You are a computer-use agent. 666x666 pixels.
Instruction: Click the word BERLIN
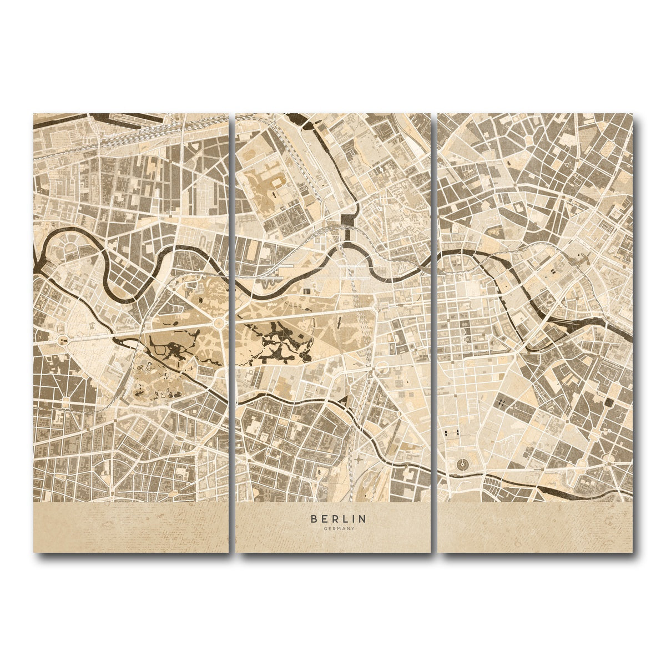tap(338, 519)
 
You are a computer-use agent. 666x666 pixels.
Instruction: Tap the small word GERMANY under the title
tap(338, 528)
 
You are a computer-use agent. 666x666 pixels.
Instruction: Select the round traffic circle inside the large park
tap(219, 323)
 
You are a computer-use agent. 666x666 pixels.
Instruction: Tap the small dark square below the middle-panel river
tap(307, 290)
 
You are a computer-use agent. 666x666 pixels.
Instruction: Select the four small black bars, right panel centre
tap(501, 402)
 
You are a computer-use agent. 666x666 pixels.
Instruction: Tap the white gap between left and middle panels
tap(232, 333)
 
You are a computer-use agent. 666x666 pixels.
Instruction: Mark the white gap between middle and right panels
tap(434, 333)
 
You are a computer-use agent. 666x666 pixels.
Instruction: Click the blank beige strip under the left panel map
tap(130, 527)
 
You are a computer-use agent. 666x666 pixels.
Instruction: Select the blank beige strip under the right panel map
tap(536, 527)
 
